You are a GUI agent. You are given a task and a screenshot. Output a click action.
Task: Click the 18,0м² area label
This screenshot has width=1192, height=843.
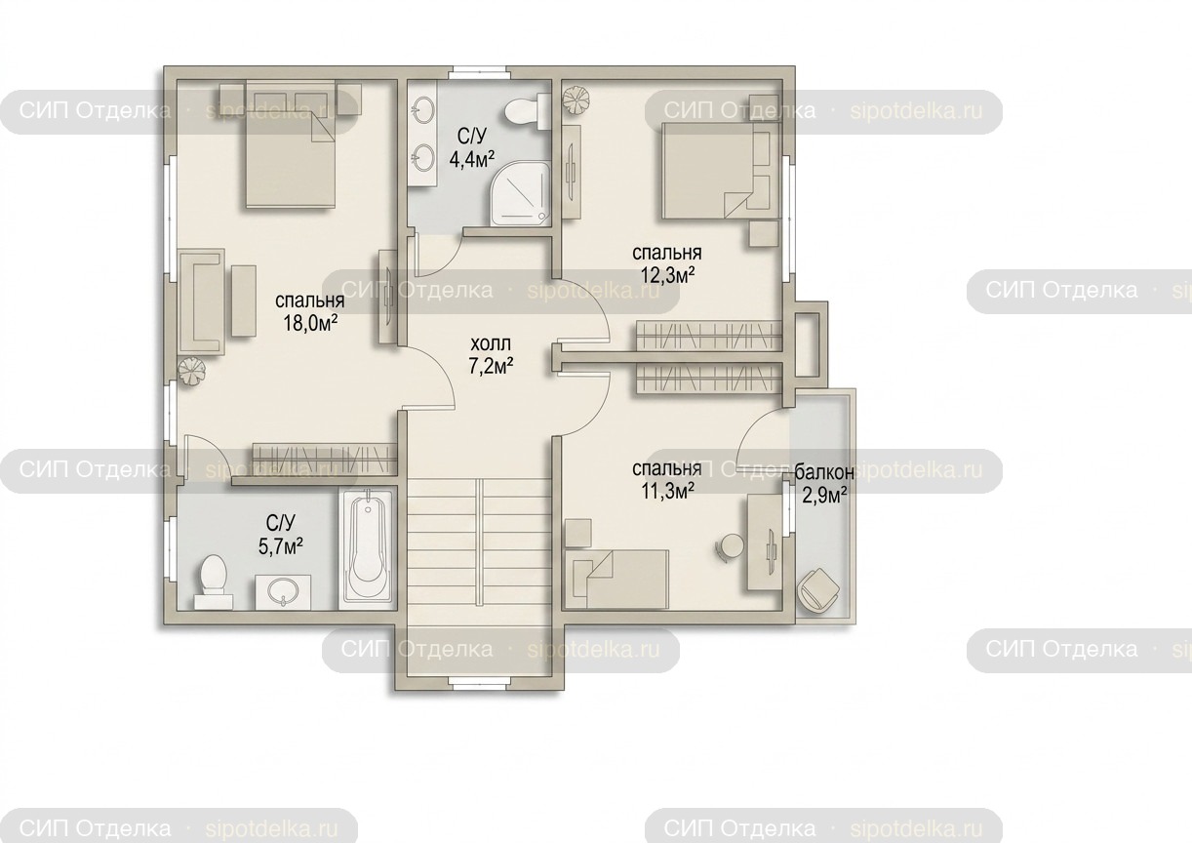[311, 324]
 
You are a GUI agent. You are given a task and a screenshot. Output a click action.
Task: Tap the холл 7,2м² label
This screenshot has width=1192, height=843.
[491, 355]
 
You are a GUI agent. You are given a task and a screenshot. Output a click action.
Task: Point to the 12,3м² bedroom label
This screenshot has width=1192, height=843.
[667, 276]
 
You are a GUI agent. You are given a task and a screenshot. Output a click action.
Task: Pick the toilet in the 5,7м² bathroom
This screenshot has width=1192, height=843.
[214, 582]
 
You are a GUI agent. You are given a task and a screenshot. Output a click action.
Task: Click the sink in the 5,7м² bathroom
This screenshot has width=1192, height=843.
[283, 592]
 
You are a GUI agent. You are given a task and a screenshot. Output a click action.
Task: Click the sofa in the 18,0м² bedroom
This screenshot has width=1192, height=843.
[202, 303]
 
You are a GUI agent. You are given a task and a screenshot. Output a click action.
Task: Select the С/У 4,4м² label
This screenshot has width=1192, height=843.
[472, 147]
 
